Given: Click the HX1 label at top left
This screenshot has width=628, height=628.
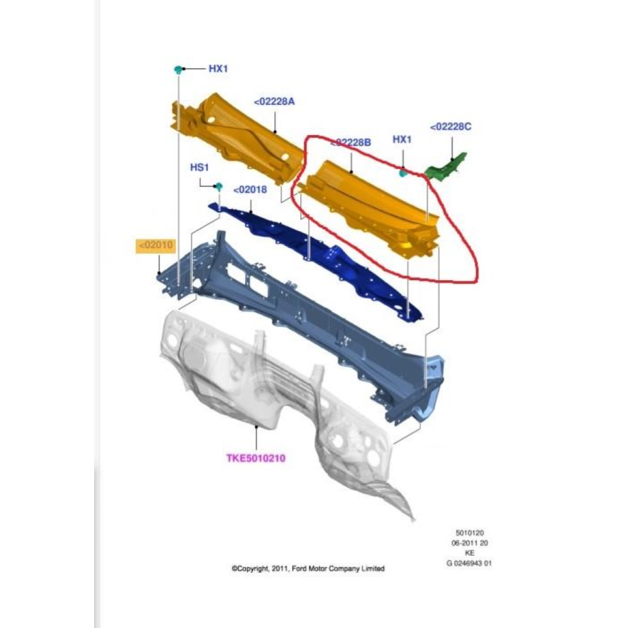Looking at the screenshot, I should point(218,68).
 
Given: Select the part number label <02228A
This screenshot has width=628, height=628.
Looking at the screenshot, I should point(274,101).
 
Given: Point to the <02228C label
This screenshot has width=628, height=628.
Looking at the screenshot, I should point(450,127).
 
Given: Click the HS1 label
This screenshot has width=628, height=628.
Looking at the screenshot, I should point(199,168).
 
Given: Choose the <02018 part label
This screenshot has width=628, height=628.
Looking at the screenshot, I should point(250,190).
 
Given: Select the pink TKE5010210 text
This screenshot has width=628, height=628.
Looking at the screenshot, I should point(256,458).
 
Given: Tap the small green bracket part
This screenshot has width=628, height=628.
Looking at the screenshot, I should point(447,166).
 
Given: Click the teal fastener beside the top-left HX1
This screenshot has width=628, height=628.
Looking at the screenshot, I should point(178,68).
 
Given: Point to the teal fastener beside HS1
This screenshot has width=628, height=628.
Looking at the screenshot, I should point(219,187).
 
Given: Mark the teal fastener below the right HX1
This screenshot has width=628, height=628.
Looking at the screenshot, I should point(403,171).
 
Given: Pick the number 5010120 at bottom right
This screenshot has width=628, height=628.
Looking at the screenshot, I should point(470,533).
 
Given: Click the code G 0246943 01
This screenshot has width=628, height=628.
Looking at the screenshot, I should point(469,563).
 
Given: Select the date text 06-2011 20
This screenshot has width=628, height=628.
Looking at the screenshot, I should point(470,543).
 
